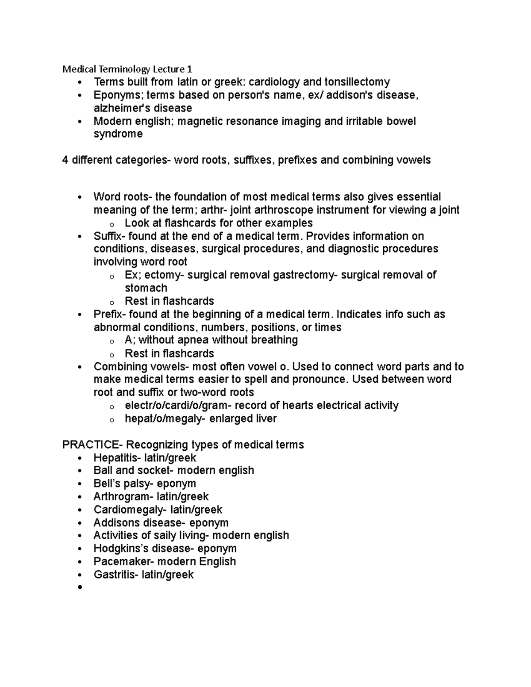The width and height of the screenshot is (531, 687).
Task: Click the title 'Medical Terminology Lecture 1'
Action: click(x=127, y=69)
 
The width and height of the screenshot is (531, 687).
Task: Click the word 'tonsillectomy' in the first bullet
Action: click(x=357, y=82)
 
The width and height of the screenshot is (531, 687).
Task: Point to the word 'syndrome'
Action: click(x=118, y=134)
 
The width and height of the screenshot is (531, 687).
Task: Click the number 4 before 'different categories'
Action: click(x=65, y=160)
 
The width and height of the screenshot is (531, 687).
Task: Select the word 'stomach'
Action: click(x=146, y=288)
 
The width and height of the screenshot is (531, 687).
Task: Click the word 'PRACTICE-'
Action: click(x=92, y=445)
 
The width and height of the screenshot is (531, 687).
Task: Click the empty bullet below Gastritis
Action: click(x=80, y=587)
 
